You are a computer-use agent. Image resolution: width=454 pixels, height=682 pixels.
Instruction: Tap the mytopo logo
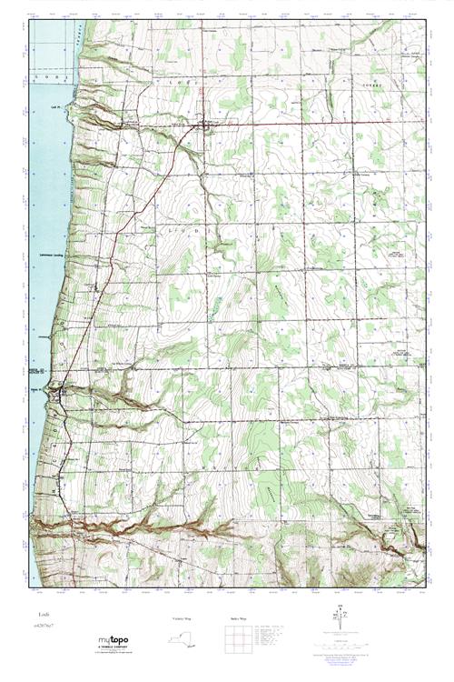click(113, 641)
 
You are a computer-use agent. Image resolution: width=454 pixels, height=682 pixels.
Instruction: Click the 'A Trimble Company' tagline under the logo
click(113, 650)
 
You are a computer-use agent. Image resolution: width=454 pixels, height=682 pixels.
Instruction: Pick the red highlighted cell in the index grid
click(238, 639)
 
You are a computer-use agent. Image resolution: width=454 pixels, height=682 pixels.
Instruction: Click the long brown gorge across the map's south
click(182, 525)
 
